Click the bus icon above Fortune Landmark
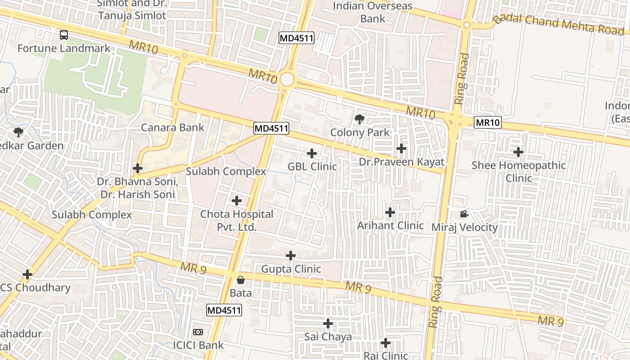pos(64,35)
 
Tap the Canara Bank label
pos(172,127)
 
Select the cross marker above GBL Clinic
pos(312,153)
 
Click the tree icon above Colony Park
pos(360,119)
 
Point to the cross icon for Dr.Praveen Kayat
pos(401,148)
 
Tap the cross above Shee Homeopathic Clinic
pos(518,152)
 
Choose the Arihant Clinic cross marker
pos(390,212)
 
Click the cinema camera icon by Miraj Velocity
pos(464,214)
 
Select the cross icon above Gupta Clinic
pos(291,256)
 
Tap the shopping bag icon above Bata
pos(241,280)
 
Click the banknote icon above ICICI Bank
pos(198,332)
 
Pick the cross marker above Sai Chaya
pos(328,323)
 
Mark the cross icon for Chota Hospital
pos(237,201)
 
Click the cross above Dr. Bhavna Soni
pos(138,168)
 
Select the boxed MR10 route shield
pos(488,122)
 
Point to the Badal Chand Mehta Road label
pos(560,23)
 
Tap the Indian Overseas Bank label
pos(373,12)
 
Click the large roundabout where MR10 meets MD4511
pos(287,80)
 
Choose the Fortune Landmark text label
pos(64,48)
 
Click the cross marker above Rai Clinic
pos(386,343)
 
